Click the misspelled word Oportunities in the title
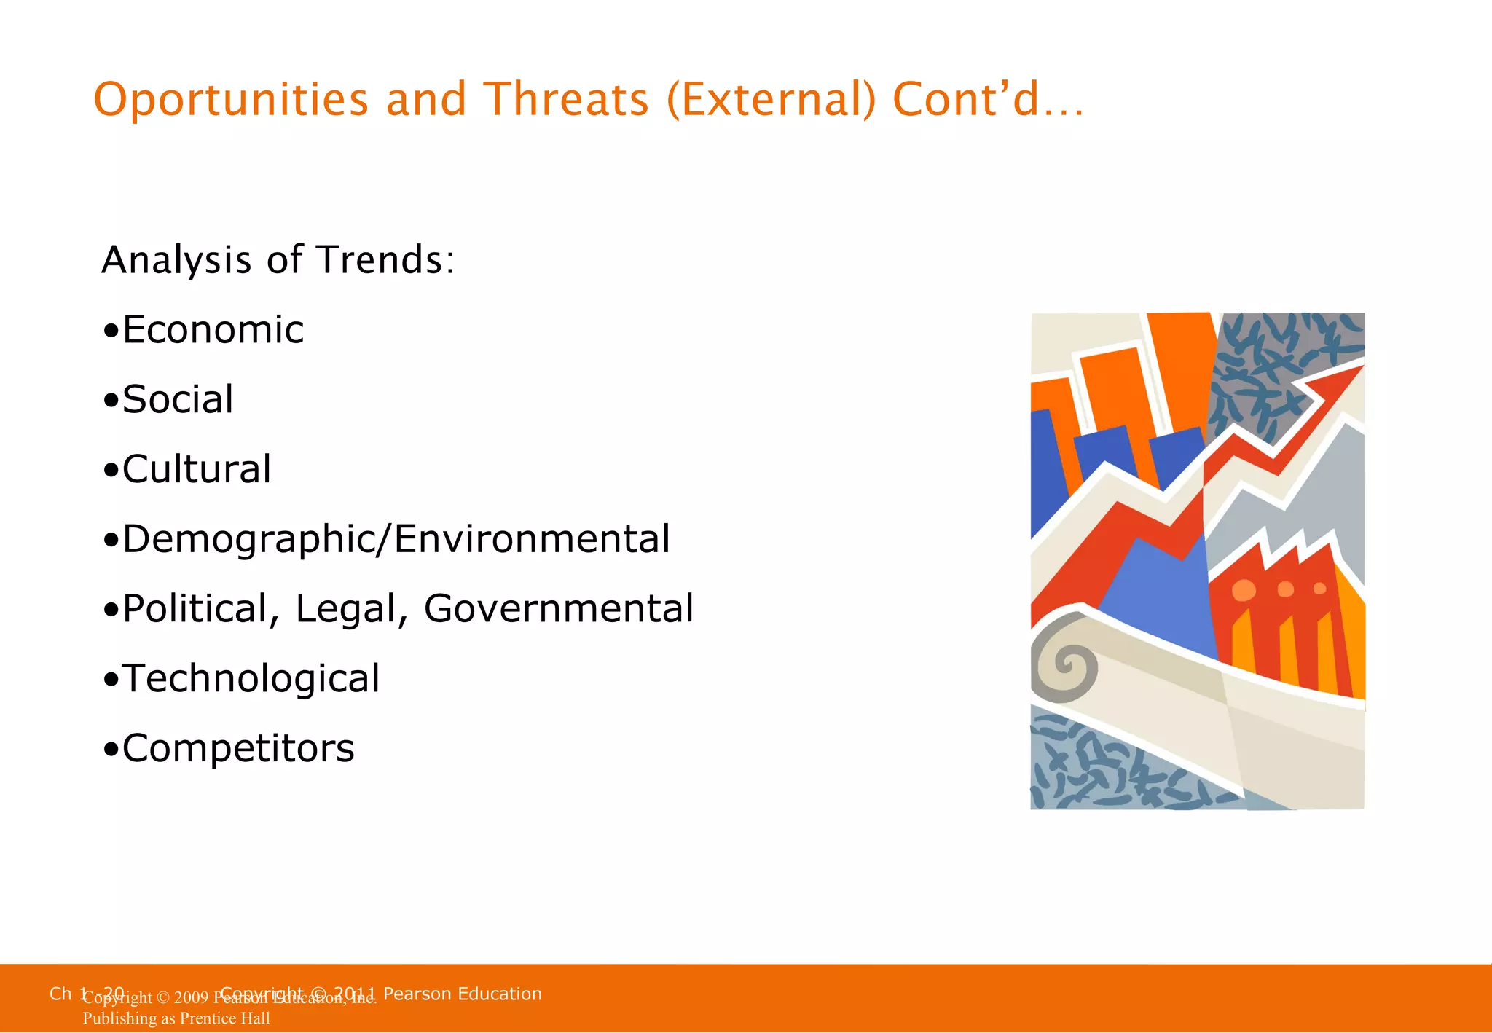point(231,100)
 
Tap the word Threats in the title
point(566,100)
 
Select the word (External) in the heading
point(771,100)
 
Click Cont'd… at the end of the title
point(988,100)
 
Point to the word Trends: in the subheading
point(386,260)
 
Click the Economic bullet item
point(212,330)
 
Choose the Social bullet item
point(177,400)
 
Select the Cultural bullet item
point(196,469)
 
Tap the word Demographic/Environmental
point(396,539)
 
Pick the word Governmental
point(559,609)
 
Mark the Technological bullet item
point(250,679)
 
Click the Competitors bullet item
point(237,749)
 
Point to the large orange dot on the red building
point(1244,590)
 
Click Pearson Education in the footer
point(462,994)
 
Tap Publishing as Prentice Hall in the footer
point(176,1018)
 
